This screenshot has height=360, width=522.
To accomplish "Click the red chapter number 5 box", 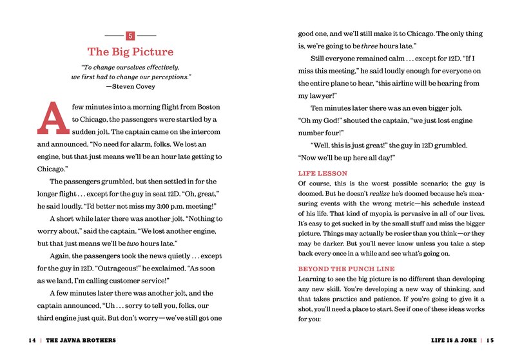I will [x=131, y=36].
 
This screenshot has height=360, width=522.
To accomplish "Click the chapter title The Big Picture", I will [x=131, y=52].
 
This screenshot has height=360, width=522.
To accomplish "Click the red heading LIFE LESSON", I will [x=323, y=173].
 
